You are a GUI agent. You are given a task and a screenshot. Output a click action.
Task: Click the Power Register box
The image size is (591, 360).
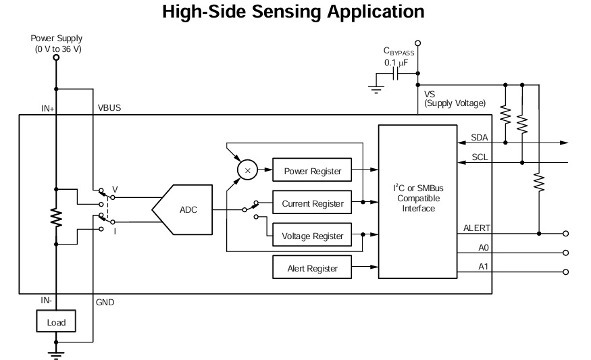click(x=312, y=171)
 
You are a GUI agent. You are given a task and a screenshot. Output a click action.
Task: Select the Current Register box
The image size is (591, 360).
click(x=312, y=203)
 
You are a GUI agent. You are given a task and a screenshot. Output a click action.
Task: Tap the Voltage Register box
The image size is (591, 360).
click(x=312, y=236)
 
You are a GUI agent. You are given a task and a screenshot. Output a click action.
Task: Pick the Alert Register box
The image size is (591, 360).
click(x=312, y=269)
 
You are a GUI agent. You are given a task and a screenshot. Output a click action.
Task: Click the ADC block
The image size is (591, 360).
click(x=187, y=209)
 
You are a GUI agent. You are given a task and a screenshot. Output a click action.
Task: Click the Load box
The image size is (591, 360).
click(x=56, y=322)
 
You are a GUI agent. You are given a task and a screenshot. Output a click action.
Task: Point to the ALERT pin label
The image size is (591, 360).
click(x=477, y=228)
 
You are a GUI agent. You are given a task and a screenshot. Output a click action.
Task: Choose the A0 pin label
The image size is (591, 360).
click(x=483, y=248)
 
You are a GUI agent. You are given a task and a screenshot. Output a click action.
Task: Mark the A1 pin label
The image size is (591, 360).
click(x=483, y=267)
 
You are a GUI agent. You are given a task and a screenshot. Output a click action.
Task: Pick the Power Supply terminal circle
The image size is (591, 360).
click(x=56, y=59)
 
